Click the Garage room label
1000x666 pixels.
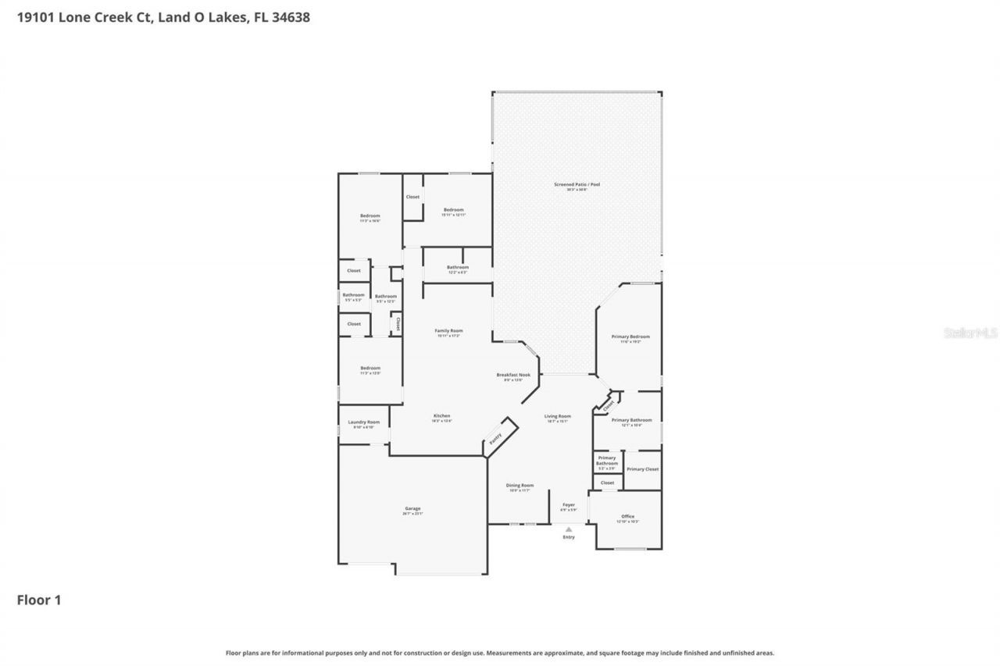(412, 508)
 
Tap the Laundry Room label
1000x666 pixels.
(363, 422)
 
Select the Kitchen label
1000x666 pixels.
(442, 415)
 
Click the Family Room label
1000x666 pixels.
(448, 331)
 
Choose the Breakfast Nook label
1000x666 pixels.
(513, 376)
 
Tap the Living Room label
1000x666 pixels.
(558, 416)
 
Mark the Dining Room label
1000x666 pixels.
(520, 485)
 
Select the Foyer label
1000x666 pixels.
(569, 505)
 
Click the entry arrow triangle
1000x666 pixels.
(569, 529)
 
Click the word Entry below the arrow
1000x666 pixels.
(569, 537)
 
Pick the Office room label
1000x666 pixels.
(627, 516)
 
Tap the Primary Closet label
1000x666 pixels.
(642, 469)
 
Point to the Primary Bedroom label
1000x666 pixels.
(630, 337)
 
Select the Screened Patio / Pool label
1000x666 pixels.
(577, 185)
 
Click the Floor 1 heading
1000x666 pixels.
(39, 600)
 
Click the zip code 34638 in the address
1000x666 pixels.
(289, 16)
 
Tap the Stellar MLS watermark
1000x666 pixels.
(971, 333)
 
